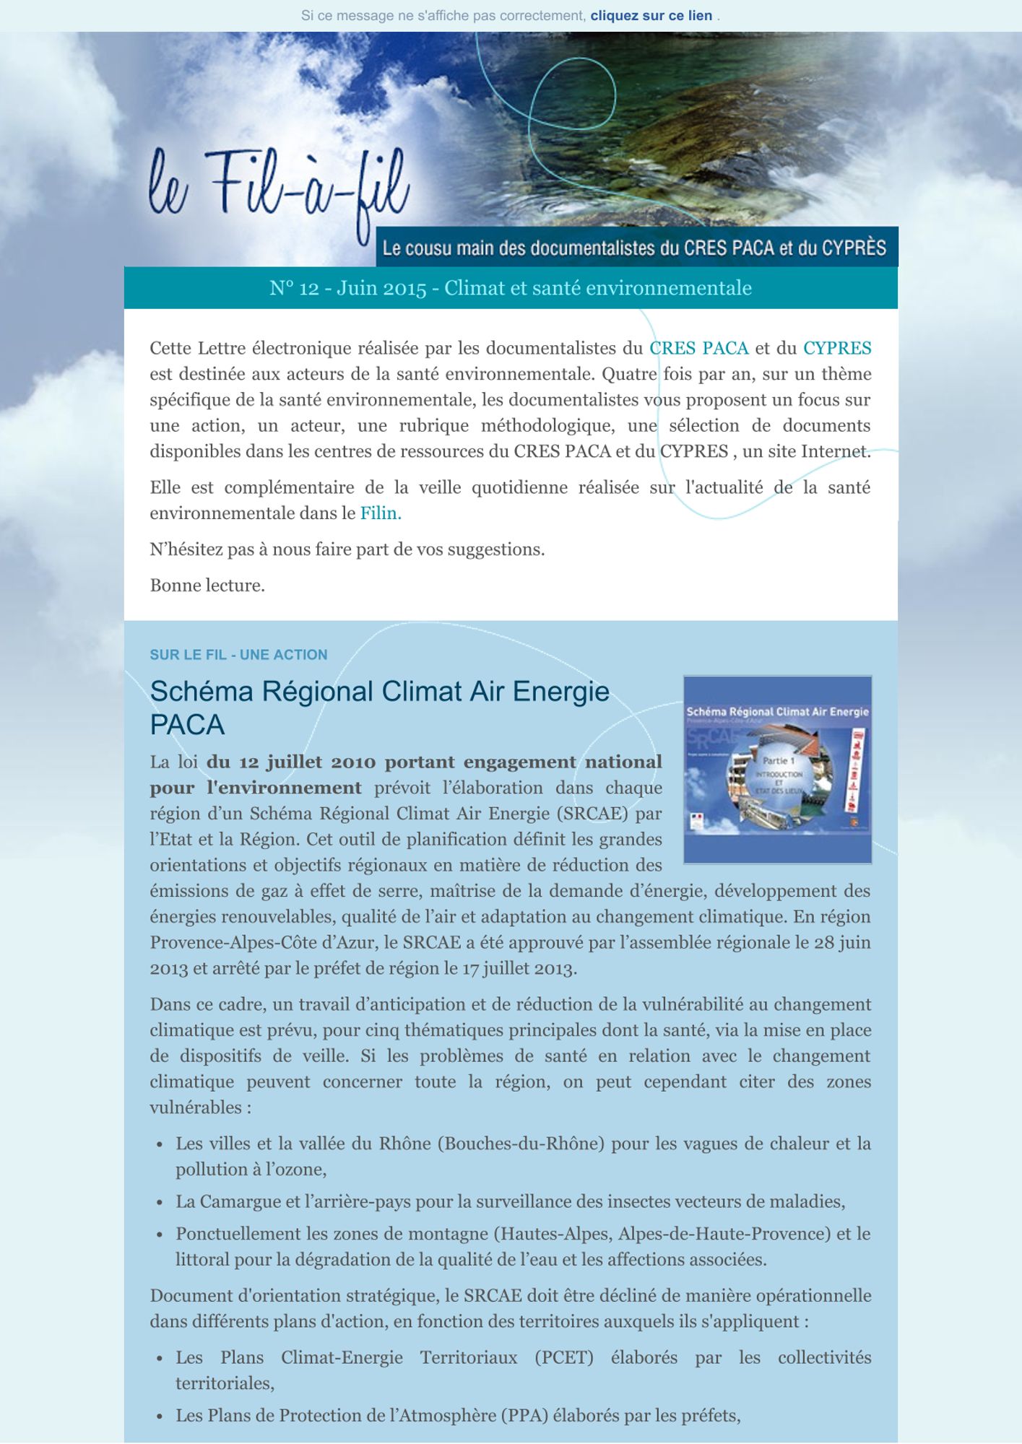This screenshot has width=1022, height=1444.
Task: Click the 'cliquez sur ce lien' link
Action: coord(651,16)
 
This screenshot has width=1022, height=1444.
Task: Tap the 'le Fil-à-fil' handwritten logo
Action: coord(279,186)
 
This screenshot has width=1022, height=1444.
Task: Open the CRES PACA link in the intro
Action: coord(698,349)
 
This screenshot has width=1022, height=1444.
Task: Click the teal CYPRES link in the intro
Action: coord(836,349)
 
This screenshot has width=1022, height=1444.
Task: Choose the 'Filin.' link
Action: coord(381,513)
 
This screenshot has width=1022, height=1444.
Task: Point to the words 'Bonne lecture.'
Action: coord(207,586)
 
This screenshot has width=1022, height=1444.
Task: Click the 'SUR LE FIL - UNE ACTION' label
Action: coord(238,655)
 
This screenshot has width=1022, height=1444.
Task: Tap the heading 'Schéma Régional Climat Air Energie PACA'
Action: coord(379,708)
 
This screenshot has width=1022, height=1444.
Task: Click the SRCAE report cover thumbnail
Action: coord(777,769)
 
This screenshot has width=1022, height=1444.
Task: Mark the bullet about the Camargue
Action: coord(510,1202)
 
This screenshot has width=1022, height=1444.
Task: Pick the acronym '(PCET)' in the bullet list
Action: coord(563,1358)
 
